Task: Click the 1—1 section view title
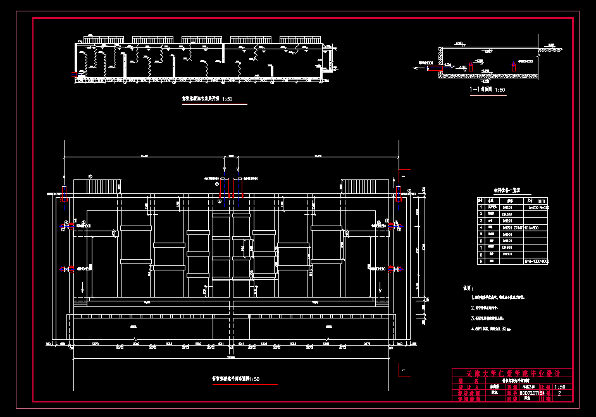click(487, 90)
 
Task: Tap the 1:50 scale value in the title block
click(560, 387)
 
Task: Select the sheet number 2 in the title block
click(559, 393)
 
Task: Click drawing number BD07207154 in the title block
click(531, 393)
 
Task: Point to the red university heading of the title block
click(509, 373)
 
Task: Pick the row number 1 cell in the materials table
click(481, 206)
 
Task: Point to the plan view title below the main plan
click(235, 379)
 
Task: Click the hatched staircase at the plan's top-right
click(366, 188)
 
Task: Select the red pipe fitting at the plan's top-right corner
click(399, 193)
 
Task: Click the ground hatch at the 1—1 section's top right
click(550, 49)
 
